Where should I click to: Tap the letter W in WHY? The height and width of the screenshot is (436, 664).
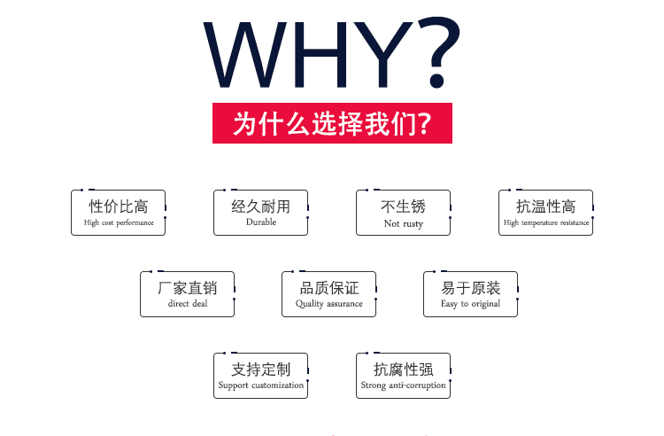[x=245, y=54]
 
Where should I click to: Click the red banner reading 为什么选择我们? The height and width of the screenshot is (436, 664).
[x=332, y=123]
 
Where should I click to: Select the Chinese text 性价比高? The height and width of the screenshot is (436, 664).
[x=119, y=206]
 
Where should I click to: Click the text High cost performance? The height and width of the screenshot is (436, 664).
[x=119, y=222]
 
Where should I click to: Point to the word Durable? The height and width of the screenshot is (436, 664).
[x=261, y=222]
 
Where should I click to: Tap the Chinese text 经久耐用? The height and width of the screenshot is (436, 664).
[x=261, y=206]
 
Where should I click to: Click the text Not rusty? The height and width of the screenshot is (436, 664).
[x=404, y=223]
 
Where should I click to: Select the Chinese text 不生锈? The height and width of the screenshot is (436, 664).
[x=403, y=206]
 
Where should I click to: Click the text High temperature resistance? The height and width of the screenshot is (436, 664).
[x=546, y=222]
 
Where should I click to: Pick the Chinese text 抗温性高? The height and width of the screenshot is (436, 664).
[x=546, y=206]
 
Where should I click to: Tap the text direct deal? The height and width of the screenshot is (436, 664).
[x=188, y=303]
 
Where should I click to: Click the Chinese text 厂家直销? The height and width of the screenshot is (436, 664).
[x=187, y=288]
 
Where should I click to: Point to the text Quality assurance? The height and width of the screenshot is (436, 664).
[x=329, y=303]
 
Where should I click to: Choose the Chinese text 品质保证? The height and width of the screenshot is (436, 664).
[x=329, y=288]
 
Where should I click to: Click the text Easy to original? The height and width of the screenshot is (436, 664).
[x=470, y=303]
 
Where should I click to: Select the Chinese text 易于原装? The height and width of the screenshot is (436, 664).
[x=470, y=288]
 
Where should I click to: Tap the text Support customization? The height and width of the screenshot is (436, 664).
[x=261, y=385]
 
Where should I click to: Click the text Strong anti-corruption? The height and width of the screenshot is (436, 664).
[x=403, y=385]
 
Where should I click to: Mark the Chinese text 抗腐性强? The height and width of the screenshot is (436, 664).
[x=403, y=370]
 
